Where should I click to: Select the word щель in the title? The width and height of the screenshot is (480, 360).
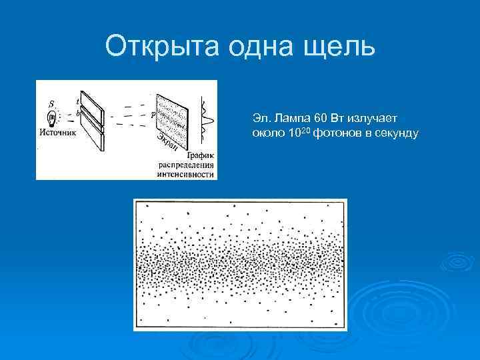click(x=341, y=47)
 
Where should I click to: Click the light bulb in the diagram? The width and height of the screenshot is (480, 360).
click(x=53, y=118)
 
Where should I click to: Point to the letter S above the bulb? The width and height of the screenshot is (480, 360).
click(x=52, y=103)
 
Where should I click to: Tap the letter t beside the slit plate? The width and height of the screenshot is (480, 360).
click(x=77, y=101)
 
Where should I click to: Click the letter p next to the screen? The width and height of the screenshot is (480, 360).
click(x=153, y=115)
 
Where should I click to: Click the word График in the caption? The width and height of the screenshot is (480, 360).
click(x=194, y=155)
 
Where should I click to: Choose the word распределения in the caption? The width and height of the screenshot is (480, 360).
click(x=186, y=165)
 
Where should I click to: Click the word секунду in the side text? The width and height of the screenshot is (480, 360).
click(x=394, y=133)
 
